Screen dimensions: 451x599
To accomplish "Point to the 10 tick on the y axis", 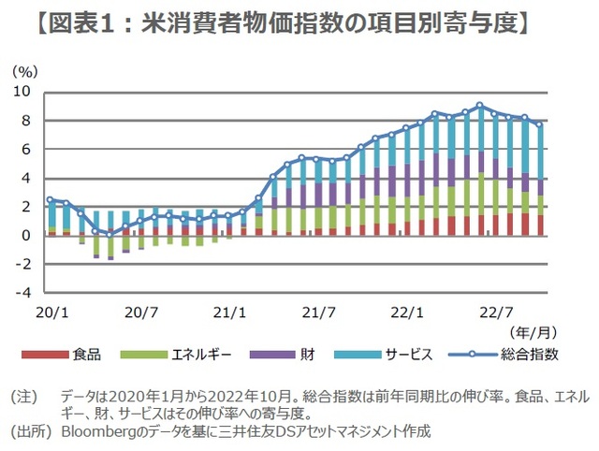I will (x=23, y=92).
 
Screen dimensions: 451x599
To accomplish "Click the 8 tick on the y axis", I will (x=27, y=121).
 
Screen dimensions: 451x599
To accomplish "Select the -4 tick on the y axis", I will (x=24, y=293).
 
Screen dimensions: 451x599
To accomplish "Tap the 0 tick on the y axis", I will (x=27, y=235).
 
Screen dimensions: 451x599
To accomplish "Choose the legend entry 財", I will (x=306, y=355).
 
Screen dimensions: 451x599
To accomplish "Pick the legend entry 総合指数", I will (x=529, y=355).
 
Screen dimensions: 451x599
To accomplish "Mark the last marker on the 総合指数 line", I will (x=540, y=124).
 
